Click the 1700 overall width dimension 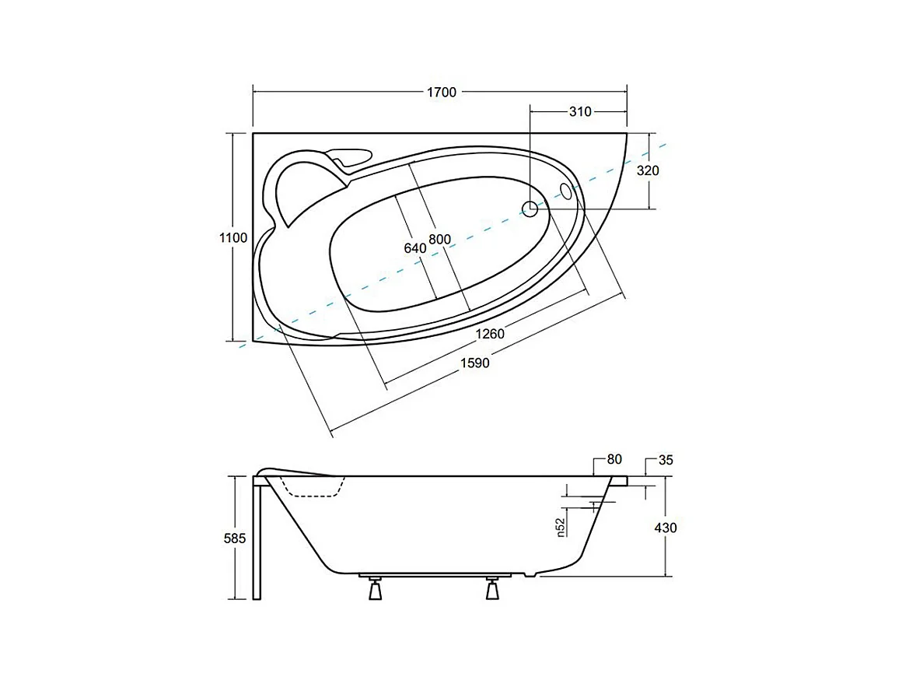441,92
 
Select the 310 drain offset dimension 580,112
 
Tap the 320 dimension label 648,170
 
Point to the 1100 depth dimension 233,238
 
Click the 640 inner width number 414,248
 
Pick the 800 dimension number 439,240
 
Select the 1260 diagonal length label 490,334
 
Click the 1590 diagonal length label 474,363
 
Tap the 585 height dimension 234,538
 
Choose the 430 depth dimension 666,528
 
